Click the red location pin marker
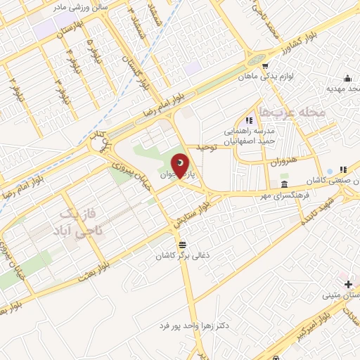[180, 166]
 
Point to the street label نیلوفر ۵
[94, 51]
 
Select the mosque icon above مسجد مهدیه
[347, 78]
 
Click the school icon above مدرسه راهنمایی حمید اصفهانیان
[247, 121]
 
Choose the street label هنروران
[284, 162]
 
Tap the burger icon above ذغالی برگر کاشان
[183, 245]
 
